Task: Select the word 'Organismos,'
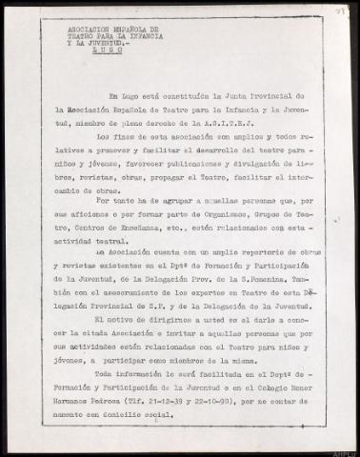point(214,229)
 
